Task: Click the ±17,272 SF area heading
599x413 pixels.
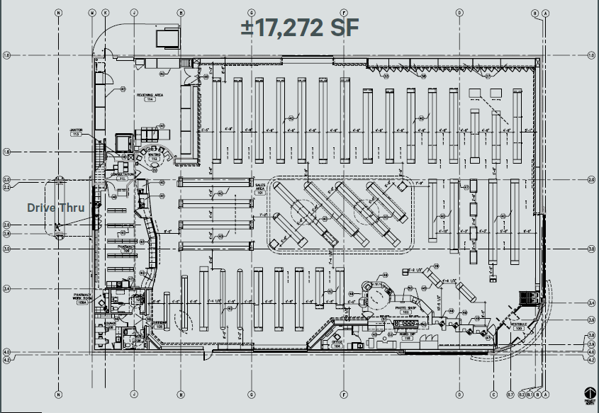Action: coord(299,28)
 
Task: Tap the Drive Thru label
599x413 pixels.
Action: coord(56,208)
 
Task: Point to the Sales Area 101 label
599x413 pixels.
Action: coord(259,188)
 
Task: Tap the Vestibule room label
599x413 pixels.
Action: coord(519,327)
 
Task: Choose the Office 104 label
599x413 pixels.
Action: coord(337,344)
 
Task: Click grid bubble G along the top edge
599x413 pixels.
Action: coord(251,13)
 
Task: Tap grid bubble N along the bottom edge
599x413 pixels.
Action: coord(59,394)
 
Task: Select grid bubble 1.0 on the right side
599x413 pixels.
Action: coord(592,55)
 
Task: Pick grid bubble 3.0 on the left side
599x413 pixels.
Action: coord(6,249)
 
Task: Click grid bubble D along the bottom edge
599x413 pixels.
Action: coord(459,394)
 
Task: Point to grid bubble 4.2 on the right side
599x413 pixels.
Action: coord(592,360)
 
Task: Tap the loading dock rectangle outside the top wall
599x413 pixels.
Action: coord(169,38)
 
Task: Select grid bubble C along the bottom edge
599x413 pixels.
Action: coord(493,394)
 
